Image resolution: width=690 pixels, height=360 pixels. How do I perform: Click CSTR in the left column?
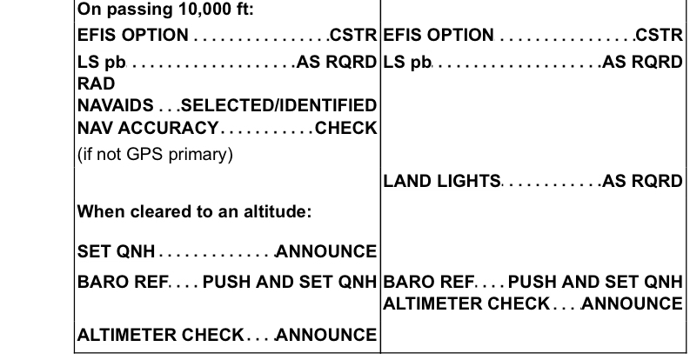353,37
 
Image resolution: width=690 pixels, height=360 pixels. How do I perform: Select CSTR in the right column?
659,37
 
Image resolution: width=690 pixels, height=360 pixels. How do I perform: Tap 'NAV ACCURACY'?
147,128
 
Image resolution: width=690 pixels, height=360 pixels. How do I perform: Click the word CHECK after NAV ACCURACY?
345,128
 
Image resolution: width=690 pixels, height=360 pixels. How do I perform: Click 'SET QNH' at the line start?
117,252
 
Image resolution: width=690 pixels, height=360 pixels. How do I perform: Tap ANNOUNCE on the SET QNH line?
327,252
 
